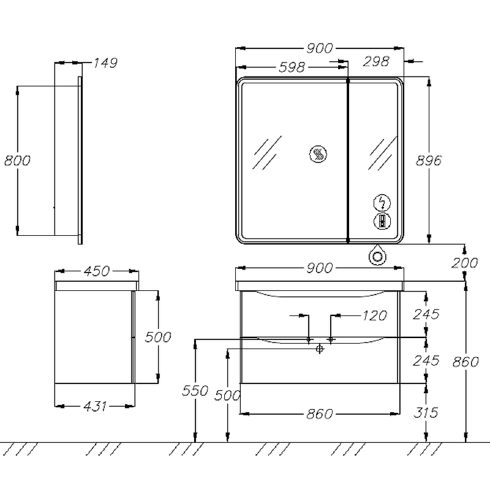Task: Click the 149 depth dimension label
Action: (x=105, y=63)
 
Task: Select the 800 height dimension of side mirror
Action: (x=18, y=160)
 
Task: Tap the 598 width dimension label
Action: (x=292, y=67)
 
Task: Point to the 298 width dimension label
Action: (x=376, y=61)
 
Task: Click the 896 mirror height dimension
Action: (x=429, y=160)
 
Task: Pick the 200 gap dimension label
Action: (x=465, y=263)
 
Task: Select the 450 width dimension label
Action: (x=97, y=271)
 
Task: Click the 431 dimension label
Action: (x=95, y=406)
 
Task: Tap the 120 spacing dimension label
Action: (x=375, y=315)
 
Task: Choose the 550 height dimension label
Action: (x=195, y=391)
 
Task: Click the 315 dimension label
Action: (x=426, y=412)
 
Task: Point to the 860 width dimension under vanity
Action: (x=319, y=414)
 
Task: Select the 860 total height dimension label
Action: (x=466, y=362)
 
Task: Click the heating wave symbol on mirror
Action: (x=318, y=154)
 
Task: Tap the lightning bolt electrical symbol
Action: (x=382, y=203)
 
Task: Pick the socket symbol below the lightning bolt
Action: (x=382, y=221)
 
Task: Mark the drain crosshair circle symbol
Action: (x=319, y=349)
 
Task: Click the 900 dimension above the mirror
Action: (x=319, y=48)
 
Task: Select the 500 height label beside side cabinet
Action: (x=158, y=337)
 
